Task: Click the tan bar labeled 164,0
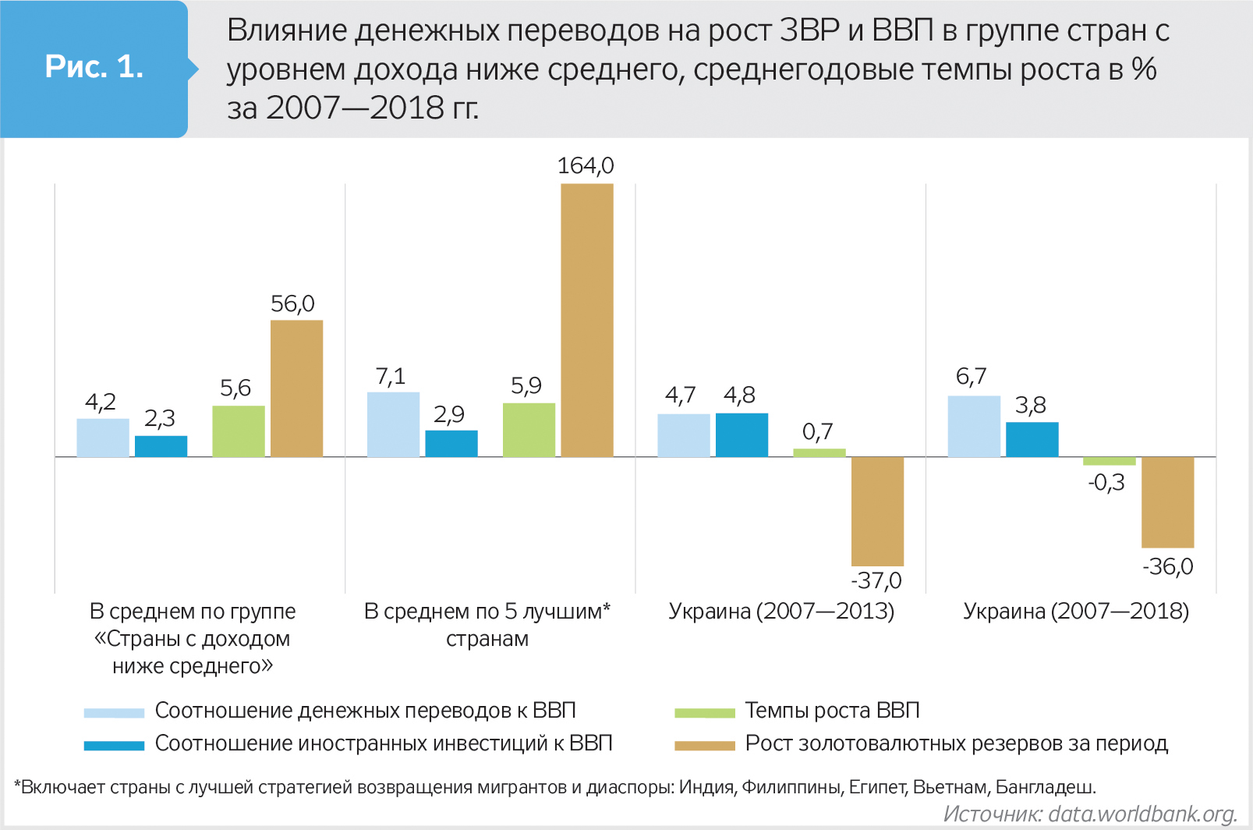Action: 586,320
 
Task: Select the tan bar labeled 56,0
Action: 296,388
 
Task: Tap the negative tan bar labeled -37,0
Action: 877,511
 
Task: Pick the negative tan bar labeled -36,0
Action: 1167,502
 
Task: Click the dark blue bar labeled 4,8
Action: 742,435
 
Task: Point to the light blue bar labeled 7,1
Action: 393,424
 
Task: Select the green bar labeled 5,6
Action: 239,431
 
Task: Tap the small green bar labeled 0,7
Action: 819,452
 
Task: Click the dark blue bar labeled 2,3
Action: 161,446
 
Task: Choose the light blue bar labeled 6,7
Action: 974,426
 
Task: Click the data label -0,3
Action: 1106,483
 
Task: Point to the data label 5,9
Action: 526,386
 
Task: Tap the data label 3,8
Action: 1031,406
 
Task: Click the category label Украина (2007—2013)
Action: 781,611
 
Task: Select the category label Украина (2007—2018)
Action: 1076,611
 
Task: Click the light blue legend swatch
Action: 114,712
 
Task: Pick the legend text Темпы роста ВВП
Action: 832,711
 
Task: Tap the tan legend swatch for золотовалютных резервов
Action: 704,745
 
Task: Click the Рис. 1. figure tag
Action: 94,67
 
